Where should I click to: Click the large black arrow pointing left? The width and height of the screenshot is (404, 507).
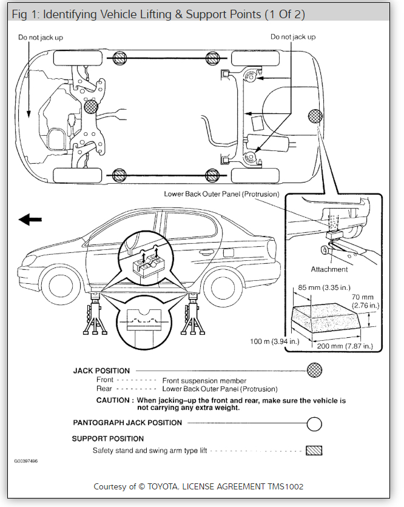pyautogui.click(x=32, y=220)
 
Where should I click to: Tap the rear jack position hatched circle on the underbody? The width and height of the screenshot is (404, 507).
pyautogui.click(x=315, y=116)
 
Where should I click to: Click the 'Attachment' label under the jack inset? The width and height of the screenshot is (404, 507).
pyautogui.click(x=329, y=269)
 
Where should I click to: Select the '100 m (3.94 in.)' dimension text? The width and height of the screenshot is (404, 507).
pyautogui.click(x=274, y=341)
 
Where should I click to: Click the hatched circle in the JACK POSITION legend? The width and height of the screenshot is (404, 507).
pyautogui.click(x=314, y=369)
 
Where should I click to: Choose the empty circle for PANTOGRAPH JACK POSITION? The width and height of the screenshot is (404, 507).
pyautogui.click(x=314, y=423)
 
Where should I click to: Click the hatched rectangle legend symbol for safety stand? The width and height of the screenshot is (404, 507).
pyautogui.click(x=314, y=451)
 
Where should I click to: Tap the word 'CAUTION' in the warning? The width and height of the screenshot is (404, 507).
pyautogui.click(x=112, y=401)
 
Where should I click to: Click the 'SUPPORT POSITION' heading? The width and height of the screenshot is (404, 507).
pyautogui.click(x=108, y=438)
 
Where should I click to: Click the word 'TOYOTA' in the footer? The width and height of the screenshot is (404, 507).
pyautogui.click(x=183, y=486)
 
